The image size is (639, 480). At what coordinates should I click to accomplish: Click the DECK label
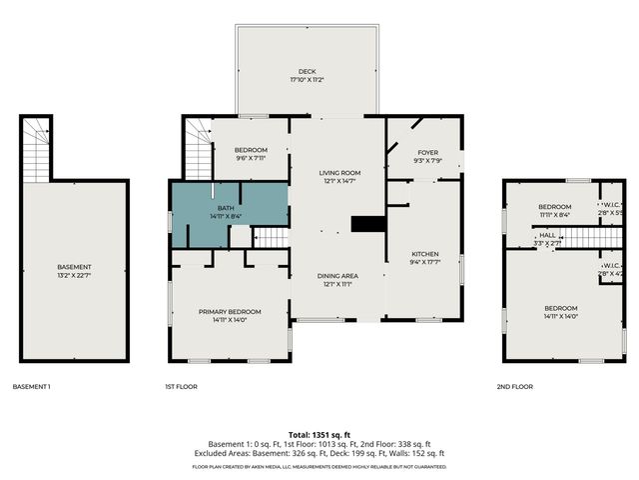[x=309, y=71]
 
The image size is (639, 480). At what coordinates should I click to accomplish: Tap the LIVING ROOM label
[x=338, y=172]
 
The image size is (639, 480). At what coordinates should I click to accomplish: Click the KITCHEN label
[x=425, y=254]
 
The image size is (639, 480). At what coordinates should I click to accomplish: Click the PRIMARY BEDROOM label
[x=229, y=312]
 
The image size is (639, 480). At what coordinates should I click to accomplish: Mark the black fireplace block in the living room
[x=368, y=224]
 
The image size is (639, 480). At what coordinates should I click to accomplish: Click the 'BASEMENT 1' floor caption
[x=31, y=386]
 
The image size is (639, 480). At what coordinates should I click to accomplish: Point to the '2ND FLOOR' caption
[x=515, y=386]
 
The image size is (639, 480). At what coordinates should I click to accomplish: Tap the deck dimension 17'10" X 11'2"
[x=309, y=80]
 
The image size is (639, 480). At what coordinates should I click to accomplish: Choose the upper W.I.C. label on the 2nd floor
[x=610, y=204]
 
